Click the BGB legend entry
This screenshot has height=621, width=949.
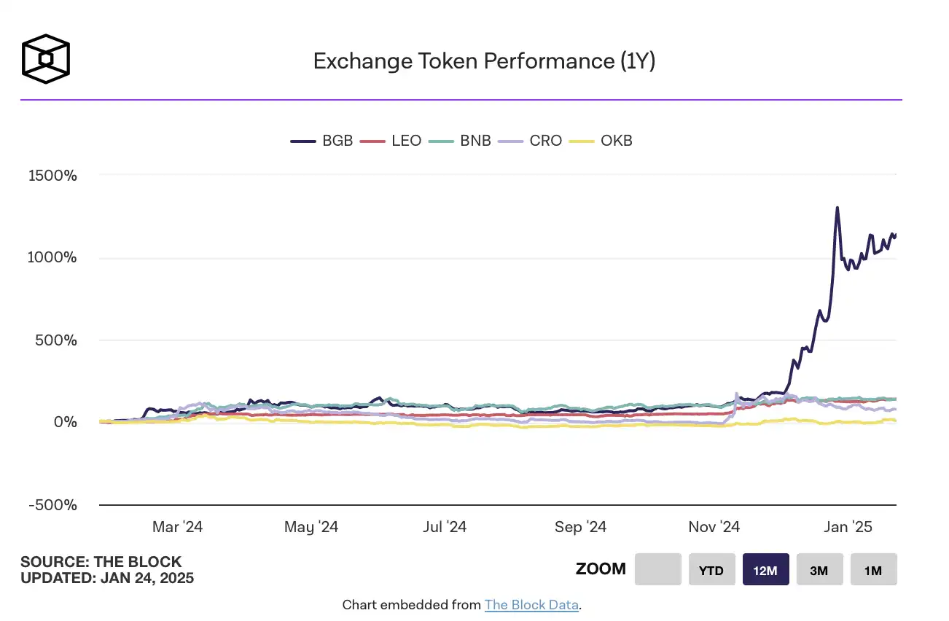pos(322,141)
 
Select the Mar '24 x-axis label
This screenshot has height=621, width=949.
pos(177,527)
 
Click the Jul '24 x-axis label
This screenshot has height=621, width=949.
pos(445,527)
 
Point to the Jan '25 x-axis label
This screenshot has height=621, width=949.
pos(848,527)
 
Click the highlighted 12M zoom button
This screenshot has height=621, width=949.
pos(765,570)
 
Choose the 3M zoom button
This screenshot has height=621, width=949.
pos(819,570)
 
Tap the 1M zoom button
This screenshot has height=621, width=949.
pos(873,570)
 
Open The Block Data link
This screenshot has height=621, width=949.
pos(531,605)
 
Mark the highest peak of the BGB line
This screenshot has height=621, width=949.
pos(837,208)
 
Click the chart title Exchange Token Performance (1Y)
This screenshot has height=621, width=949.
pos(484,61)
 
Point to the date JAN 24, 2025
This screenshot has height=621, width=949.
pos(147,579)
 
